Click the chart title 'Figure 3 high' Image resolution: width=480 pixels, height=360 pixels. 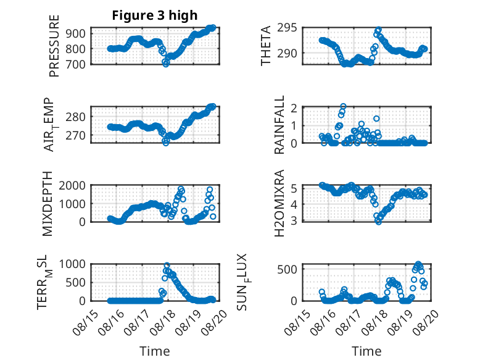155,15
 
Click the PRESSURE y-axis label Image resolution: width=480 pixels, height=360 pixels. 54,46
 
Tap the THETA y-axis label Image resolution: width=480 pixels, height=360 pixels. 266,46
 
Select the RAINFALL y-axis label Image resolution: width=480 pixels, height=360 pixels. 279,124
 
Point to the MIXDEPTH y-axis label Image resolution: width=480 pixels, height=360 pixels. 48,204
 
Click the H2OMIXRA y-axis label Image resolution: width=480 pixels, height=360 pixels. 279,203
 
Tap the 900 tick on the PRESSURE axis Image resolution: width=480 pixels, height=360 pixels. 76,33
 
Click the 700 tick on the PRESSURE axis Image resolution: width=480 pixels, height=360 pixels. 76,64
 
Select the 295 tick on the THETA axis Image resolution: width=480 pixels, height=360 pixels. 287,28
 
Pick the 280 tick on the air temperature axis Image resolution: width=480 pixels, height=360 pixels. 76,117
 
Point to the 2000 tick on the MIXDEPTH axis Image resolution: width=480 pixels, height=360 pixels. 72,185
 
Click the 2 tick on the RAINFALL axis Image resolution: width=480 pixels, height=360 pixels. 294,108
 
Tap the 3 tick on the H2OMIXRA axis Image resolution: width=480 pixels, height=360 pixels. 294,220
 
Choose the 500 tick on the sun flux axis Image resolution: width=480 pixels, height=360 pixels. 287,269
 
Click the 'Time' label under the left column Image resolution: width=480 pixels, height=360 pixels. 155,351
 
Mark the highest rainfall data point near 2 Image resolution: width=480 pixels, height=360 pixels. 343,106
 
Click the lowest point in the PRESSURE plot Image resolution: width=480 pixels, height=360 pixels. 165,64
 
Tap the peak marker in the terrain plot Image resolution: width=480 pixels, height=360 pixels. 167,266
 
